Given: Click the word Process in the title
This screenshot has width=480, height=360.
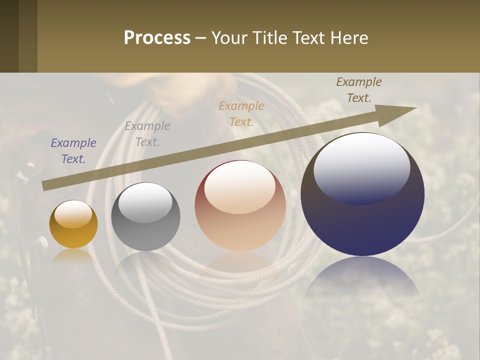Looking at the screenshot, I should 157,38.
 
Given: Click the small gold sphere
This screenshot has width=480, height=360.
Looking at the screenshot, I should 73,224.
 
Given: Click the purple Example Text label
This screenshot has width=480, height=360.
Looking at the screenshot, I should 73,151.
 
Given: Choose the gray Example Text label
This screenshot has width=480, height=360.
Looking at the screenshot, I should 147,134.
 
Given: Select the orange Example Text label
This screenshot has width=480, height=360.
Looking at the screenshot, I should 241,113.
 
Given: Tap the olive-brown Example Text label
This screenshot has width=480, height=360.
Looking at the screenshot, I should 359,90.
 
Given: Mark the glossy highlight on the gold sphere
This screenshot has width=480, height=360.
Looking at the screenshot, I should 73,214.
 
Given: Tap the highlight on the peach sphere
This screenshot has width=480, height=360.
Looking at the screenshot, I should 239,186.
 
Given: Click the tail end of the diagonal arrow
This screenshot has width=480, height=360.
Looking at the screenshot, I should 46,185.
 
